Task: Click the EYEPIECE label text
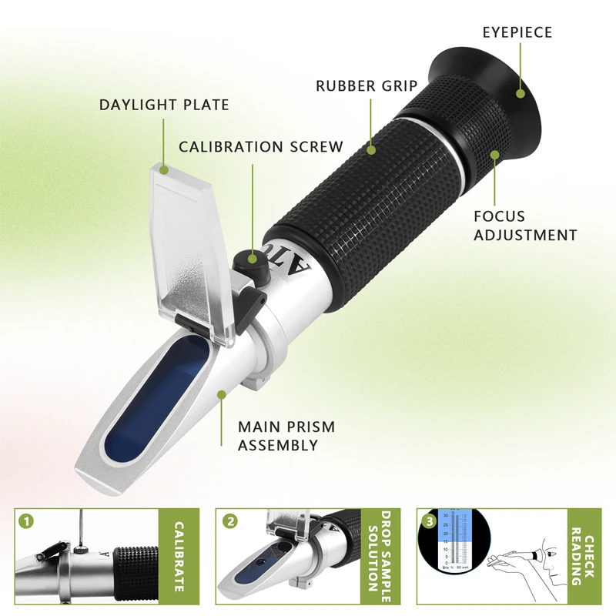point(517,32)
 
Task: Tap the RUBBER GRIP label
point(366,86)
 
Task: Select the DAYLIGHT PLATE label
point(164,105)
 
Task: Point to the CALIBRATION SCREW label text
point(261,146)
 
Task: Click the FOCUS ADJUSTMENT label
point(525,226)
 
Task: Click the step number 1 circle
point(28,522)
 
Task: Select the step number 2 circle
point(230,521)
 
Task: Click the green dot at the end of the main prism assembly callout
point(222,395)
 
